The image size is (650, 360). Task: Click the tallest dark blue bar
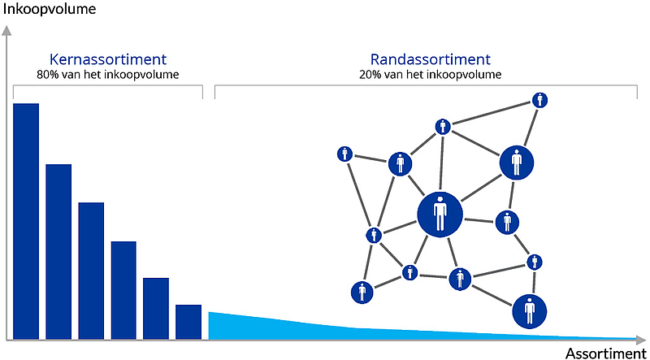click(26, 222)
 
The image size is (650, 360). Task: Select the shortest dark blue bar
click(188, 323)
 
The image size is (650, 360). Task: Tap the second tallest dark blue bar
click(58, 252)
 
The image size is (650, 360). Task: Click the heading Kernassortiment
click(108, 59)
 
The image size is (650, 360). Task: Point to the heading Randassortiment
click(431, 59)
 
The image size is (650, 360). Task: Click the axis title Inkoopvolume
click(50, 9)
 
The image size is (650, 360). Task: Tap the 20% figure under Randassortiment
click(368, 75)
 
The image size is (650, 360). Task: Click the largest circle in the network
click(440, 215)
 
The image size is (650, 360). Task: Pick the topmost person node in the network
click(539, 100)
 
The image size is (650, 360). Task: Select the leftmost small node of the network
click(344, 154)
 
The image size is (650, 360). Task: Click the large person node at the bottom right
click(530, 310)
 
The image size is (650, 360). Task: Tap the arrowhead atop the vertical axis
click(6, 30)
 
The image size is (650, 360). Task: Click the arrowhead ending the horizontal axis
click(643, 340)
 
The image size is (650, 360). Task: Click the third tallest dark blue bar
click(91, 271)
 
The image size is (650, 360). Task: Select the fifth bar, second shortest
click(156, 309)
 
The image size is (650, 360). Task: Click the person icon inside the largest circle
click(440, 214)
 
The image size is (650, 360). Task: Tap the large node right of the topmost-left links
click(516, 163)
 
